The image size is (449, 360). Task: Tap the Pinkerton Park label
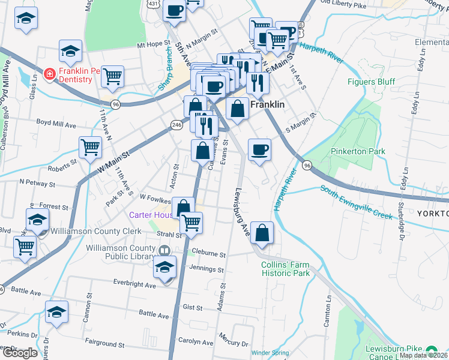point(358,151)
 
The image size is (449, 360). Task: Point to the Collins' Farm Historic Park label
point(285,269)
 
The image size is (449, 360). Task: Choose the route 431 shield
point(154,4)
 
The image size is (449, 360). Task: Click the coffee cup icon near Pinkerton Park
point(259,150)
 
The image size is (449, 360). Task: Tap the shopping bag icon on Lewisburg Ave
point(262,233)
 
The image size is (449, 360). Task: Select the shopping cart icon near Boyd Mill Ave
point(90,146)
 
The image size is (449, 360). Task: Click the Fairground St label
point(104,345)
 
